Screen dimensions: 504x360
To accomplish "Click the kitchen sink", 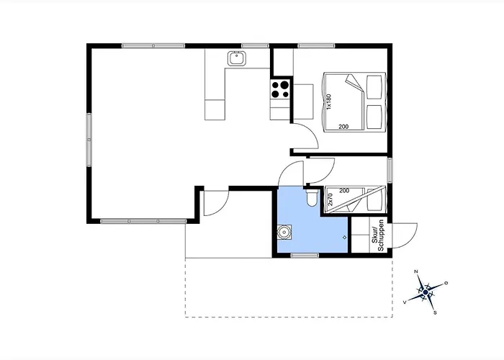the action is coord(237,58).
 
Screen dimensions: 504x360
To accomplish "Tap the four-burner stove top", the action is coord(280,89).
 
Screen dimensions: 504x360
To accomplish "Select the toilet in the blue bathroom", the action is coord(312,198).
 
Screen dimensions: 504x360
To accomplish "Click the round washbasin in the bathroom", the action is coord(284,232).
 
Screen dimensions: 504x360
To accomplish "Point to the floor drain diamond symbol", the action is coord(345,238).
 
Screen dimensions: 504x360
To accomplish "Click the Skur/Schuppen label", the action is coord(378,235).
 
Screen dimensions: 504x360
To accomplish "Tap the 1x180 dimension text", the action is coord(328,102).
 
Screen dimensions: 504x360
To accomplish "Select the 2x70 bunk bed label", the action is coord(330,199).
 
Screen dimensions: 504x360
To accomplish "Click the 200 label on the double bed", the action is coord(343,127).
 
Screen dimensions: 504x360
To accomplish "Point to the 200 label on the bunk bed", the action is coord(344,191).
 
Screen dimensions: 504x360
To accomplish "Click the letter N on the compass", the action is coord(416,272).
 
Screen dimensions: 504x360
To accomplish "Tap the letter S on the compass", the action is coord(435,312).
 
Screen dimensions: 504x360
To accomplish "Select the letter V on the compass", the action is coord(405,302).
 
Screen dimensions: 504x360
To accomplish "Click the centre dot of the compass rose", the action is coord(426,292).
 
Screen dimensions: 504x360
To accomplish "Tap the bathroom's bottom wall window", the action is coord(305,256).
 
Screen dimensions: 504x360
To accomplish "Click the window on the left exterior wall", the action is coord(89,140).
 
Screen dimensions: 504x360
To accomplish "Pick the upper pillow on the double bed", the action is coord(375,87).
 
